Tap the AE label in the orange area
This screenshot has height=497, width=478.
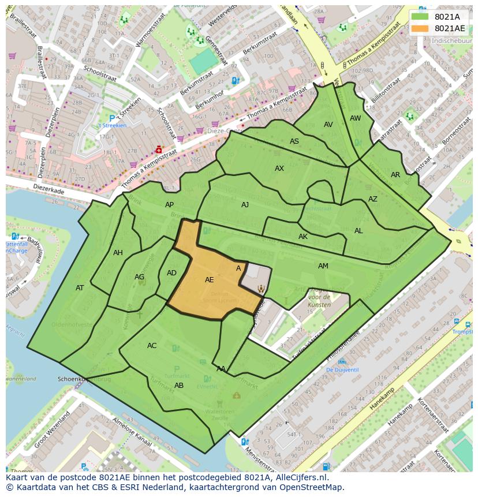coord(210,280)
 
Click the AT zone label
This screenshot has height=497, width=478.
coord(80,288)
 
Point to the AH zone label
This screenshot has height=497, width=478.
coord(118,253)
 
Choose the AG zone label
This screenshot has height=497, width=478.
coord(139,277)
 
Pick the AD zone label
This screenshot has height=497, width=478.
coord(171,273)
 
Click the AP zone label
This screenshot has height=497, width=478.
coord(169,205)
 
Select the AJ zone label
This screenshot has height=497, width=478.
coord(245,205)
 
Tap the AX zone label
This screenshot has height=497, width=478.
coord(279,169)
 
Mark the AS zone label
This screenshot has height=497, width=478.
coord(294,141)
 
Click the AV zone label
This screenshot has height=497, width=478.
coord(328,125)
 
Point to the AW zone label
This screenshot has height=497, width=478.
coord(356,118)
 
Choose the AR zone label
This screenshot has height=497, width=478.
coord(395,175)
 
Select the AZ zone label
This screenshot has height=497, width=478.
coord(373,199)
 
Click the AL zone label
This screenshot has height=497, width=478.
coord(358,231)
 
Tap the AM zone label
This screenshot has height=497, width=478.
coord(323,266)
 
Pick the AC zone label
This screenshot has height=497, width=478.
coord(152,346)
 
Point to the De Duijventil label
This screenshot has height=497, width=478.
coord(342,370)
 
